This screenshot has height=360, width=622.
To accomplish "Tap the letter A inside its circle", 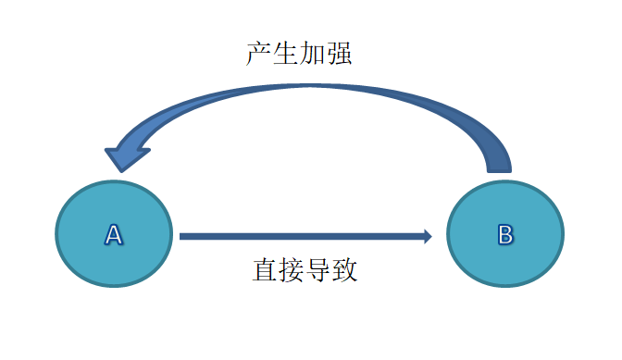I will click(114, 235).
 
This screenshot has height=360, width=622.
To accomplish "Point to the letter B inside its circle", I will click(505, 235).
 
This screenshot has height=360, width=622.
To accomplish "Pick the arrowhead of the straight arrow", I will click(428, 236).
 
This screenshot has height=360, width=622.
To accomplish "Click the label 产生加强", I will click(299, 54).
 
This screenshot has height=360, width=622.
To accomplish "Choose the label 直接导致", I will click(305, 270).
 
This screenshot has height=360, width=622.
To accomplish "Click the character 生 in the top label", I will click(286, 54).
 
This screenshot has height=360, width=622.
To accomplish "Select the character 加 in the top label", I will click(313, 54).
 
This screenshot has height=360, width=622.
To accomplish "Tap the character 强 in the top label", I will click(340, 54).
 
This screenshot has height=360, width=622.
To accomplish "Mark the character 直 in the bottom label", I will click(265, 270).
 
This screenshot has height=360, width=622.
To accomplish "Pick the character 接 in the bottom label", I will click(292, 270).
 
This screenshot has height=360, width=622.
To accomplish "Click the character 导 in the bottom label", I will click(318, 270).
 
